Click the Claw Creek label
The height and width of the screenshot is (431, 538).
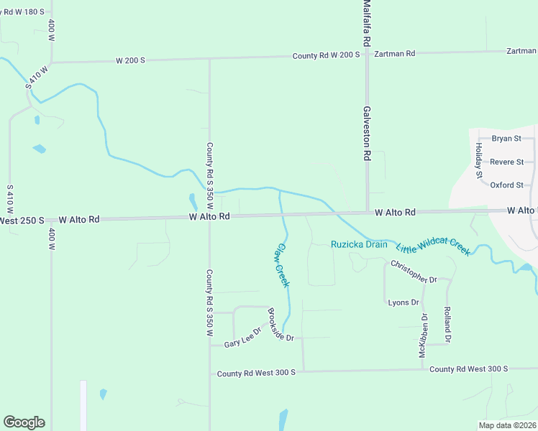click(283, 265)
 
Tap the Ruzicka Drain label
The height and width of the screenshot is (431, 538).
click(359, 244)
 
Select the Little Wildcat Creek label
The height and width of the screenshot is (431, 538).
click(433, 246)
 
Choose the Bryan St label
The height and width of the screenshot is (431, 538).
click(506, 139)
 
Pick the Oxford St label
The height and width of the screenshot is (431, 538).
click(506, 185)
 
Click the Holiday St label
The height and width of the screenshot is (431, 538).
click(478, 160)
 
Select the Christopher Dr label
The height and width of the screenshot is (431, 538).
click(414, 272)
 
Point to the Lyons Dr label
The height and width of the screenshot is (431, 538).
click(403, 302)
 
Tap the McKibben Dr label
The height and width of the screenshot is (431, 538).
click(424, 335)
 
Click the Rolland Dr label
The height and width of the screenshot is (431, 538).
click(447, 325)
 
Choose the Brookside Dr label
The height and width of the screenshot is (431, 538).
click(281, 325)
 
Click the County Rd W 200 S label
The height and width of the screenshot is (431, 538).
click(326, 55)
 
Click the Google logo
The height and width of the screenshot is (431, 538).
click(24, 422)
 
